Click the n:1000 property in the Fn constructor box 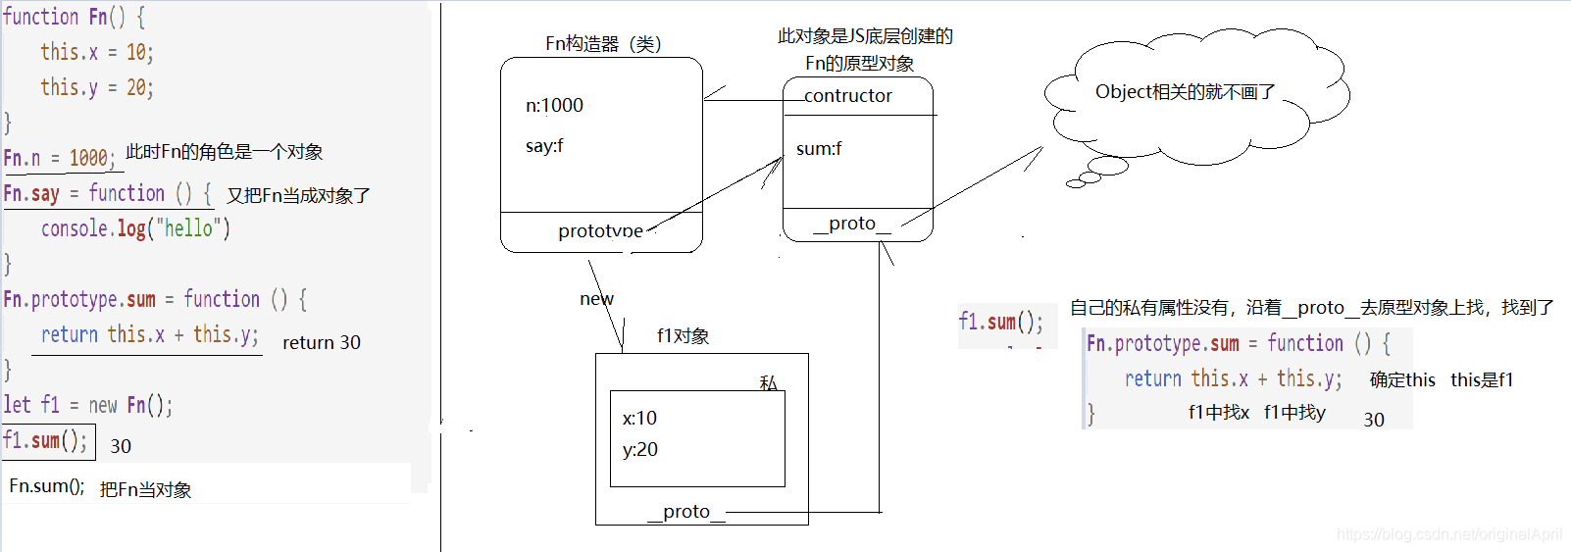(x=554, y=106)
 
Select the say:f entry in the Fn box (x=544, y=146)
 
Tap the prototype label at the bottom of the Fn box (x=600, y=231)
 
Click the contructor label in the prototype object (x=847, y=96)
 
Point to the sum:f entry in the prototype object (x=819, y=149)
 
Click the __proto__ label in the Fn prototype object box (x=851, y=224)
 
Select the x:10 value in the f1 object (x=639, y=419)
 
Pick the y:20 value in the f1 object (x=639, y=450)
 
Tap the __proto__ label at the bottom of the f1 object (x=685, y=512)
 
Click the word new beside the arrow (x=596, y=299)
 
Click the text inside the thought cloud (x=1185, y=92)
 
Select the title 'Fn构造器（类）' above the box (x=603, y=44)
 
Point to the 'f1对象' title (x=683, y=336)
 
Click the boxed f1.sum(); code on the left (x=45, y=441)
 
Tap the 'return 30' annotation (x=321, y=343)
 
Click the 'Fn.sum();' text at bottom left (x=46, y=486)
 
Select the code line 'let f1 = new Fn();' (x=87, y=406)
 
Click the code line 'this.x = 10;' (x=96, y=52)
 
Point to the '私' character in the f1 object (x=768, y=383)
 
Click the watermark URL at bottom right (x=1448, y=534)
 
